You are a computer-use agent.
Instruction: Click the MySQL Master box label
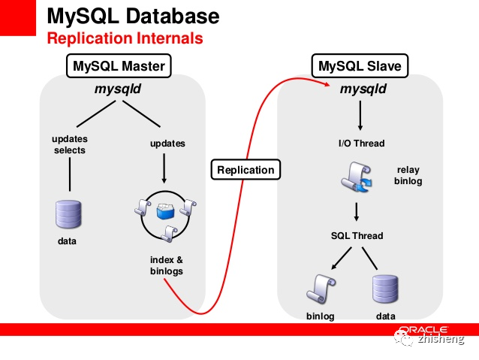click(119, 65)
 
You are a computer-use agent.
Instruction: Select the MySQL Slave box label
click(360, 65)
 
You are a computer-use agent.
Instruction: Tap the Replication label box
click(246, 169)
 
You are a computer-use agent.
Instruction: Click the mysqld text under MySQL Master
click(118, 89)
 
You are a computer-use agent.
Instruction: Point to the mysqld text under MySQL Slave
click(363, 89)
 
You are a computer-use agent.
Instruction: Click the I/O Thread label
click(361, 143)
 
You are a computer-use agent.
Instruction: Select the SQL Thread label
click(357, 236)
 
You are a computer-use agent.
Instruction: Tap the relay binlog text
click(408, 175)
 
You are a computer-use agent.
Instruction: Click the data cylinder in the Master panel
click(68, 214)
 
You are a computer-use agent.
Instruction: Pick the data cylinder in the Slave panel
click(385, 289)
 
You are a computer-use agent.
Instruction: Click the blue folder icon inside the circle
click(165, 212)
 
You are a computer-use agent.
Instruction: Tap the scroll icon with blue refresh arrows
click(357, 177)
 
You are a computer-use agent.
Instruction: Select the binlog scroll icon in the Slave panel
click(321, 289)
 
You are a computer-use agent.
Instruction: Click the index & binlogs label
click(167, 265)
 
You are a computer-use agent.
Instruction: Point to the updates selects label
click(70, 144)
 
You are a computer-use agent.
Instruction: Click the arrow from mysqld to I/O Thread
click(360, 116)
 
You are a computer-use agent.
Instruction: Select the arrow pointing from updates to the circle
click(164, 168)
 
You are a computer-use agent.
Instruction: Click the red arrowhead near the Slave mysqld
click(327, 84)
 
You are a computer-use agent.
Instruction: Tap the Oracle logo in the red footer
click(423, 330)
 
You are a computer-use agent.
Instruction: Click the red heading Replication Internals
click(125, 38)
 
